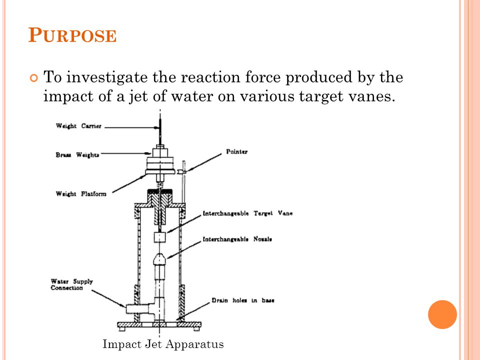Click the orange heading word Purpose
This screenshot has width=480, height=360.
(72, 35)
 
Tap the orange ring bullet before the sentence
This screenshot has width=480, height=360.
(34, 78)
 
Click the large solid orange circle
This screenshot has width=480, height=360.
(442, 314)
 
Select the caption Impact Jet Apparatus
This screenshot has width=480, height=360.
(163, 344)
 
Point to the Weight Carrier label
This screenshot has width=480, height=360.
(78, 126)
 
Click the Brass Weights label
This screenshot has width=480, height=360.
(77, 155)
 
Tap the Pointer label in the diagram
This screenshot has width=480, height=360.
(236, 151)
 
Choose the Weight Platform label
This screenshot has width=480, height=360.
(81, 194)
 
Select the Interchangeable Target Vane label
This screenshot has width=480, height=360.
(247, 213)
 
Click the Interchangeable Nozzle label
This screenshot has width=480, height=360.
(237, 239)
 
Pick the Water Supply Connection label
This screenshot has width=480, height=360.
(71, 284)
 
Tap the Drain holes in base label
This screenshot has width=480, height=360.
(243, 300)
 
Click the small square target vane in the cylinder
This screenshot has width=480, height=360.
(159, 237)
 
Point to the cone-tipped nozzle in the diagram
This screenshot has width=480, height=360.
(159, 259)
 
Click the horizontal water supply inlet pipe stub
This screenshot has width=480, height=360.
(138, 308)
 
